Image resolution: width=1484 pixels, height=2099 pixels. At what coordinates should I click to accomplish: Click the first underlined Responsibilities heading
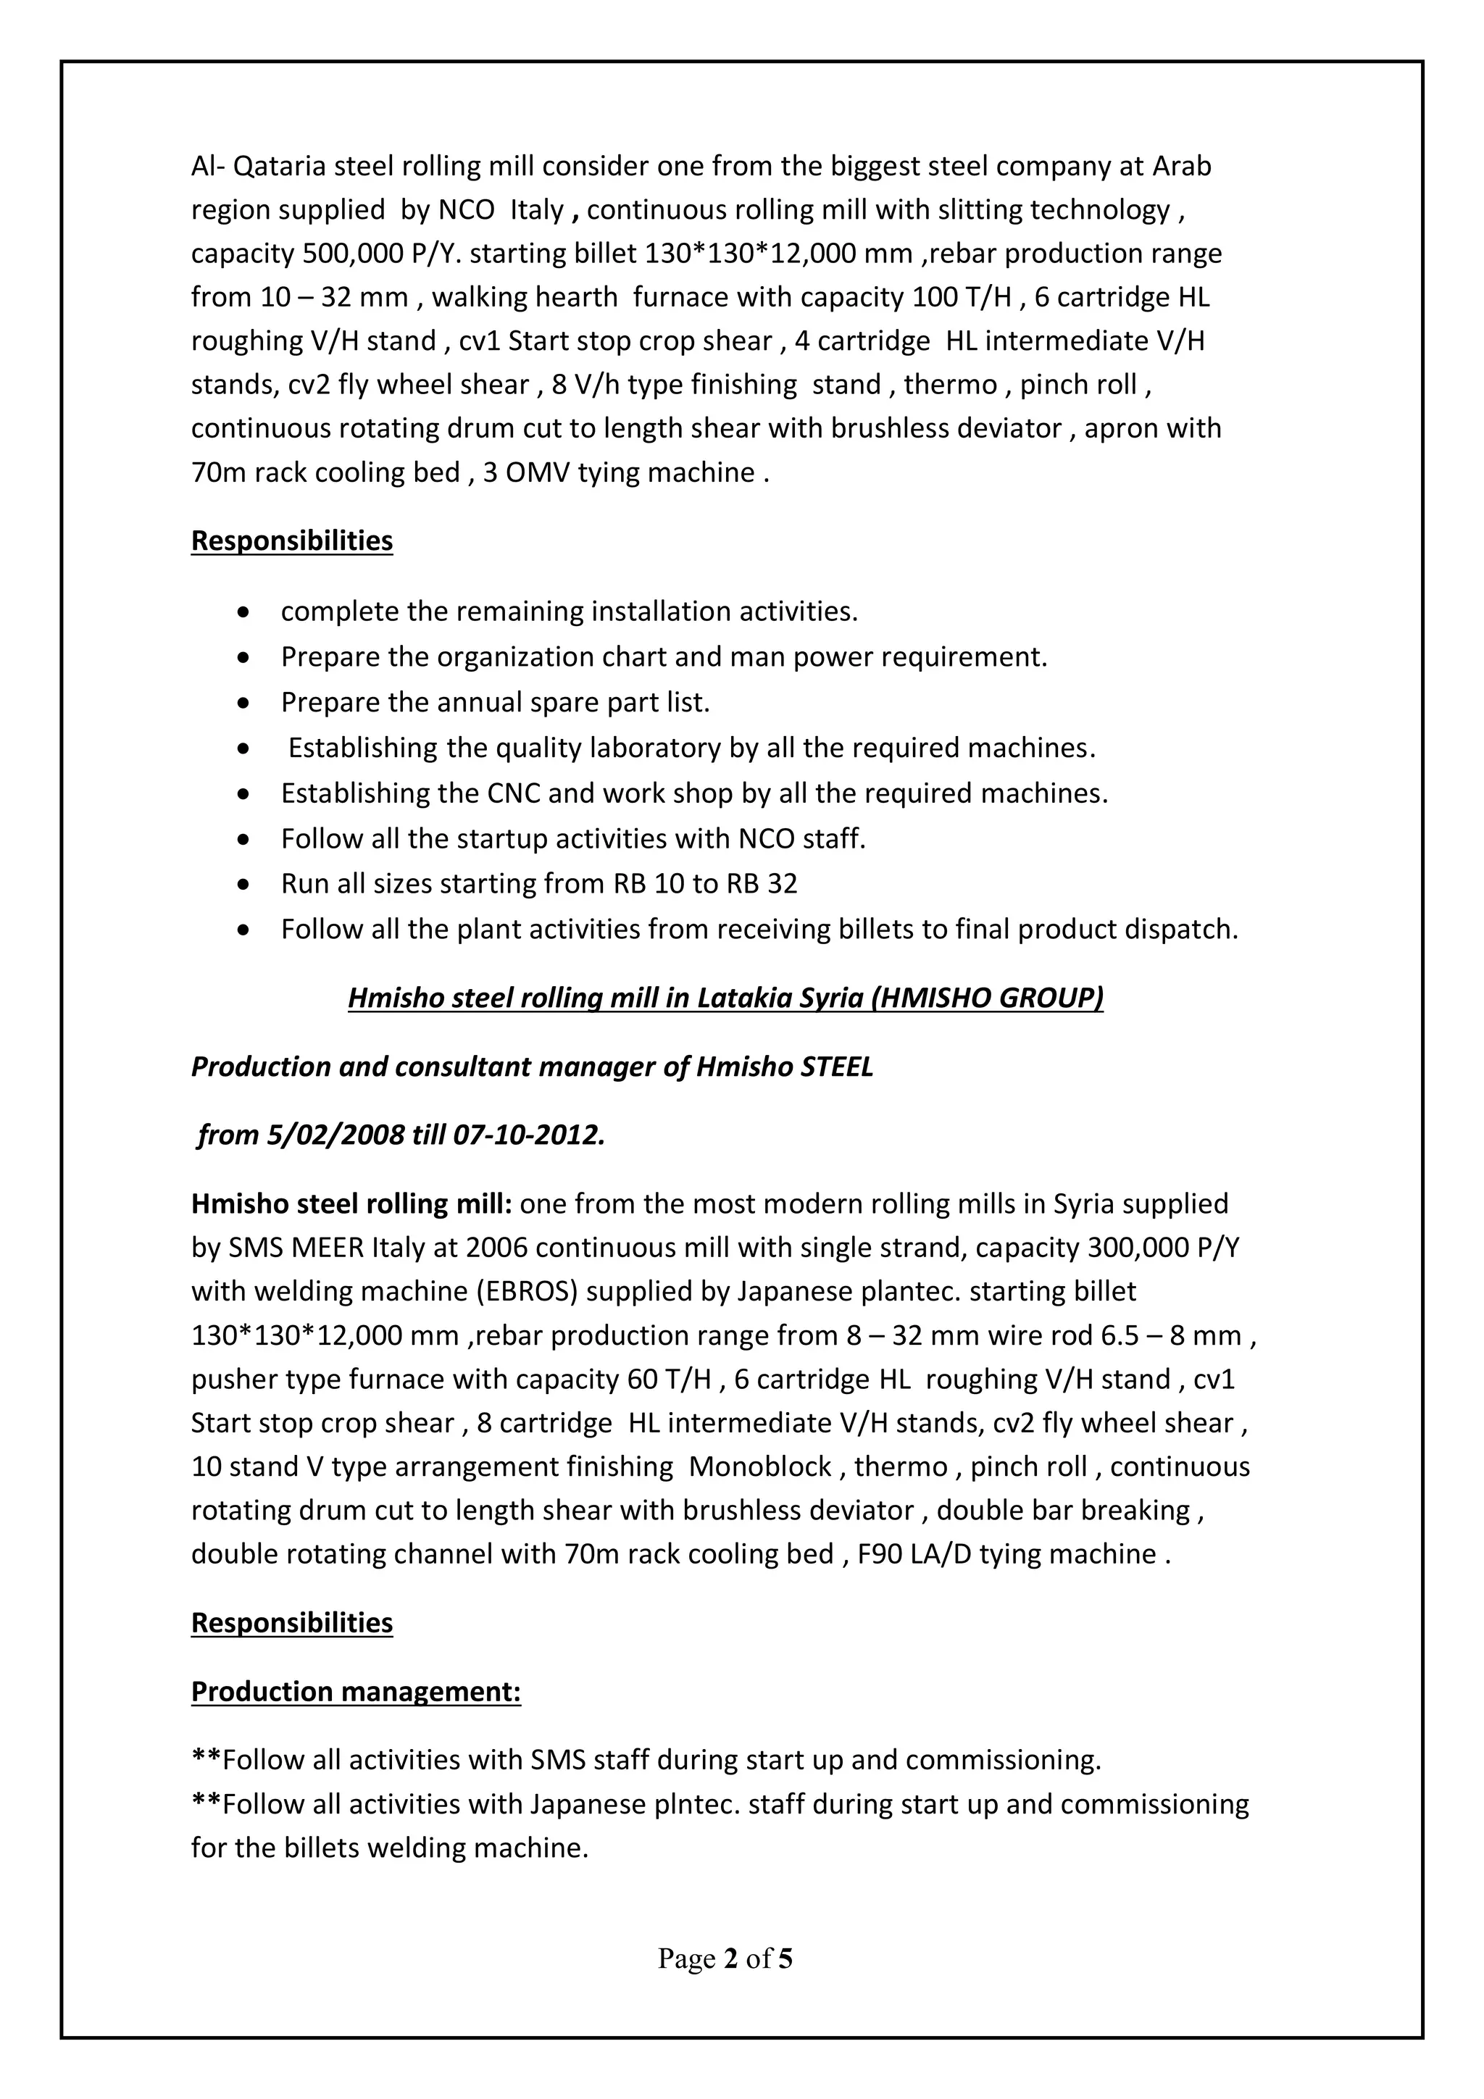click(292, 541)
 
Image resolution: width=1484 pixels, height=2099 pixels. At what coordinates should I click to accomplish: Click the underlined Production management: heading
click(356, 1691)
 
